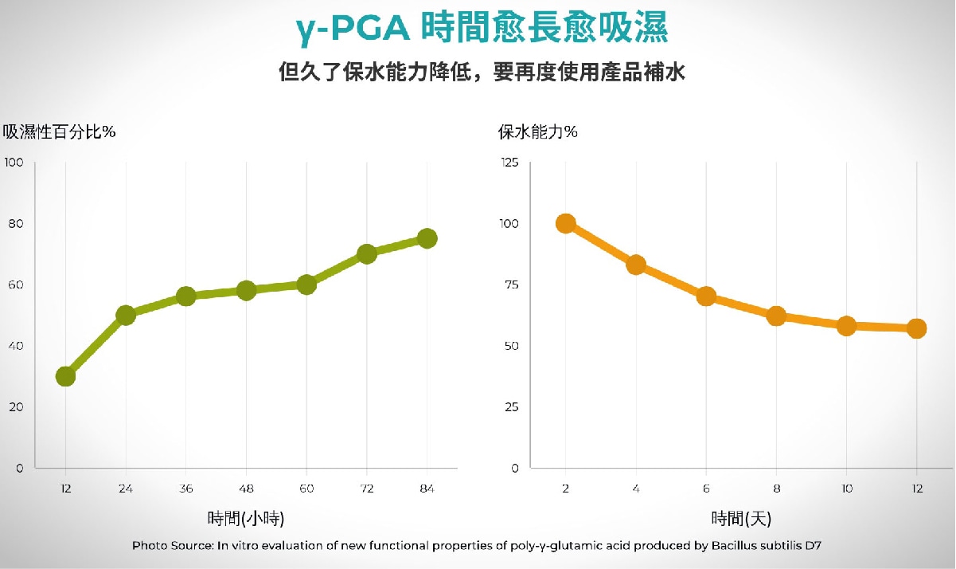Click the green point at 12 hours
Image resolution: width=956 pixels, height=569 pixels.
(x=65, y=376)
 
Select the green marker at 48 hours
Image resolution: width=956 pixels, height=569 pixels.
(x=246, y=290)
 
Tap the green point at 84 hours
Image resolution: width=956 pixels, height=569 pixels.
(x=427, y=238)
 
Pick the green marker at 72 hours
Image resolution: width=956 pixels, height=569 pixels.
(x=367, y=254)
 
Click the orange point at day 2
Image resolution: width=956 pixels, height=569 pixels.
(x=566, y=223)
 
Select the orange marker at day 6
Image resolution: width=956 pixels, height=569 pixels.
(x=706, y=296)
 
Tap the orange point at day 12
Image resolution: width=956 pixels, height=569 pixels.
(x=916, y=328)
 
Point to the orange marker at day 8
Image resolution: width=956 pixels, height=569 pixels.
(x=777, y=316)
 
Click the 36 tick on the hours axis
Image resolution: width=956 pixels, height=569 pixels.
(x=185, y=488)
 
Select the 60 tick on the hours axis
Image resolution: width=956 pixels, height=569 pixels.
(x=306, y=488)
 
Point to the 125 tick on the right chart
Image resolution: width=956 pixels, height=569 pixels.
(x=509, y=163)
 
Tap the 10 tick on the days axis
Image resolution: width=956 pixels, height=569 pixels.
(x=846, y=488)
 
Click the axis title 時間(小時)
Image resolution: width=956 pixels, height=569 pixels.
(x=246, y=519)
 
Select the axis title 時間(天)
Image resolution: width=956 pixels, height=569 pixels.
(x=741, y=519)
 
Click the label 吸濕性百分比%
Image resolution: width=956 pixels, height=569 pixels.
(x=60, y=132)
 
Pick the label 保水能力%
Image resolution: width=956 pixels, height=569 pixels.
(x=538, y=132)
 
